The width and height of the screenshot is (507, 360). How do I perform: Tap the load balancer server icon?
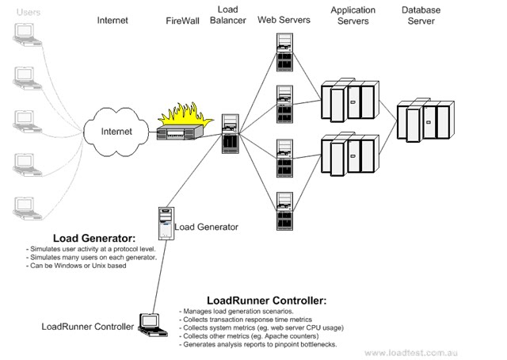(231, 132)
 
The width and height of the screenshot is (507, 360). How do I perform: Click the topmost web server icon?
(284, 50)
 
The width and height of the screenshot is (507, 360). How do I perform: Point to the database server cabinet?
(429, 119)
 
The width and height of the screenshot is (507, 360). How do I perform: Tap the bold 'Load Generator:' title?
(94, 237)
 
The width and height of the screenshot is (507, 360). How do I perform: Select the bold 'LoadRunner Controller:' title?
(266, 301)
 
